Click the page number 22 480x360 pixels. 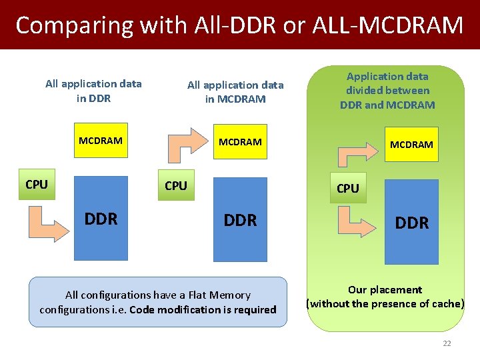pos(447,343)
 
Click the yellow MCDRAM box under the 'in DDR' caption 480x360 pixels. pos(101,141)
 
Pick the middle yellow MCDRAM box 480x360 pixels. pos(240,142)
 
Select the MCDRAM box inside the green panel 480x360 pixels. pos(411,145)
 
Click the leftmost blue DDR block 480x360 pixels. pos(101,218)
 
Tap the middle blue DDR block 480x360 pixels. pos(240,219)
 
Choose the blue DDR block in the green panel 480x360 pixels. pos(411,221)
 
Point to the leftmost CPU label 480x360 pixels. pos(37,185)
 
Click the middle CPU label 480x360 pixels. pos(176,186)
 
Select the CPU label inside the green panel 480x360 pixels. pos(347,189)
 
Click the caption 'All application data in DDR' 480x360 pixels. pos(93,91)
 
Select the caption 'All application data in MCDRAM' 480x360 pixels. pos(235,92)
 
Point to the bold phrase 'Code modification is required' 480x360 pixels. pos(203,310)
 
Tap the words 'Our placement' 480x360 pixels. pos(385,290)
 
